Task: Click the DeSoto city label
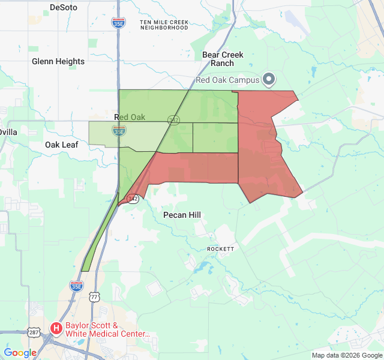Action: tap(64, 8)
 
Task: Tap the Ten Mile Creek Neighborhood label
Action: tap(164, 25)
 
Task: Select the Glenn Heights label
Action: tap(58, 61)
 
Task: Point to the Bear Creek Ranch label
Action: tap(223, 59)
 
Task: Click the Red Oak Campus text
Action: tap(227, 80)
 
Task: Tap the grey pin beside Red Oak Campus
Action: tap(269, 79)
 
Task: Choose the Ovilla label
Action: tap(8, 132)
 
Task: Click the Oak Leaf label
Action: tap(62, 145)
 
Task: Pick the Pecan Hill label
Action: tap(182, 215)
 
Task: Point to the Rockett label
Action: tap(220, 248)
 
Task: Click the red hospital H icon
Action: tap(56, 328)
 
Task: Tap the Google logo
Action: tap(20, 353)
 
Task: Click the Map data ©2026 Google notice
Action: tap(346, 355)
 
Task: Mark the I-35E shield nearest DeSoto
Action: tap(118, 23)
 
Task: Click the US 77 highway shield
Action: tap(94, 297)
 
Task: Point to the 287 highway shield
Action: tap(34, 332)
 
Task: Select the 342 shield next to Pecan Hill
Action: tap(133, 199)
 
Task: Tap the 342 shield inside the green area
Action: tap(173, 120)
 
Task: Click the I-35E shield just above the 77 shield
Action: tap(76, 286)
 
